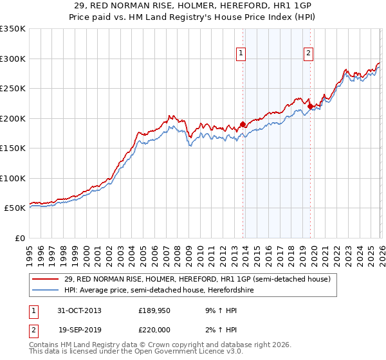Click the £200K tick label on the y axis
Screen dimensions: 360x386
tap(13, 118)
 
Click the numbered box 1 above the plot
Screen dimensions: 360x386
tap(241, 53)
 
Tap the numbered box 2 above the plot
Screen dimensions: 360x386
tap(309, 53)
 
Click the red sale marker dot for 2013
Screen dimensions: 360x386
tap(243, 124)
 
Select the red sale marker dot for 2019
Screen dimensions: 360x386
tap(309, 106)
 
